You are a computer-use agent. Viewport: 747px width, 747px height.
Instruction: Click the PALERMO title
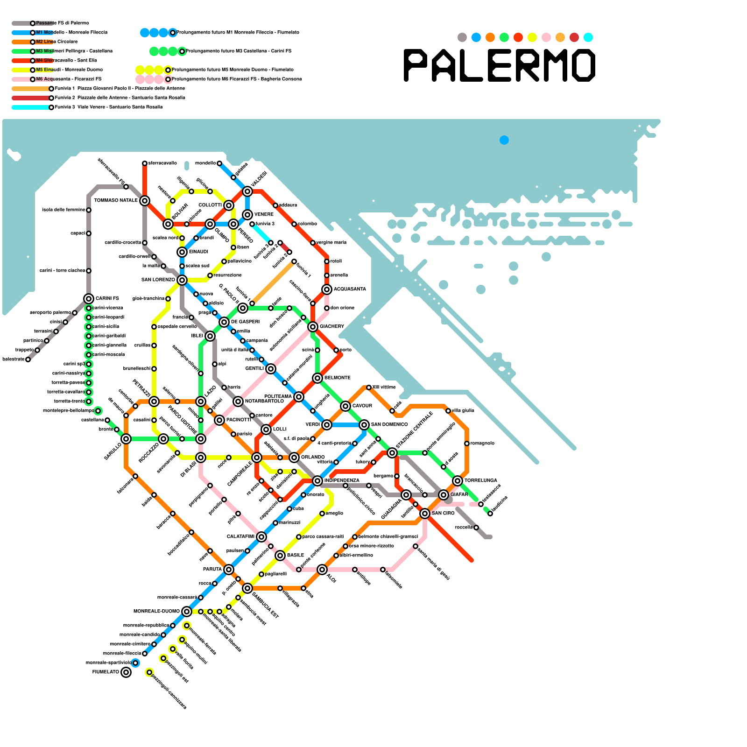click(x=500, y=65)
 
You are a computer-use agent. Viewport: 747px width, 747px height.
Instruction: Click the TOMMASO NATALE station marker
click(x=145, y=201)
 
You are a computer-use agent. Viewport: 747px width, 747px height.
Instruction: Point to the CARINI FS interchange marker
click(x=89, y=299)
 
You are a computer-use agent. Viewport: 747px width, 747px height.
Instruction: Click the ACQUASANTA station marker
click(x=327, y=289)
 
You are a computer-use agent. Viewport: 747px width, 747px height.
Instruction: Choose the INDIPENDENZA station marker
click(x=317, y=481)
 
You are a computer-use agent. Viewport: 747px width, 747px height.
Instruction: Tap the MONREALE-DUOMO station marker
click(x=187, y=612)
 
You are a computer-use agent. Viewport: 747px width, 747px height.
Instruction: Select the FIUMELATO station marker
click(x=126, y=672)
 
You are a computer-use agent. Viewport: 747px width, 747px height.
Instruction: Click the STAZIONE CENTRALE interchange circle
click(x=392, y=453)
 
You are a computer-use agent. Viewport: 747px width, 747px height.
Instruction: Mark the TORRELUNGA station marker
click(x=458, y=481)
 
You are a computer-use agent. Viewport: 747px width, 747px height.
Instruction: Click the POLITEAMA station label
click(x=278, y=396)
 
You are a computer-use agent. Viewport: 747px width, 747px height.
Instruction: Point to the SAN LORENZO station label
click(x=158, y=280)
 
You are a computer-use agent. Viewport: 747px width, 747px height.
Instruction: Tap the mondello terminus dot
click(x=219, y=163)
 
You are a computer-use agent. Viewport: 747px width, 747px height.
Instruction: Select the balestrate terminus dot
click(x=28, y=359)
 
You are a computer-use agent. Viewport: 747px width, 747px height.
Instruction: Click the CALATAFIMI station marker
click(x=261, y=537)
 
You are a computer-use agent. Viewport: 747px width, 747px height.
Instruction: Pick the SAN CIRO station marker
click(x=425, y=514)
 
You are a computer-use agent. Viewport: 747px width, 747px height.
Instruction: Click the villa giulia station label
click(x=463, y=410)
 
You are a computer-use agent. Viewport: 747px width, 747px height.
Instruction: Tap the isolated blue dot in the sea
click(x=504, y=140)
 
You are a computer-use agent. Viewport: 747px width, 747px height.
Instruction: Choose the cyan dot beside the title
click(x=588, y=37)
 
